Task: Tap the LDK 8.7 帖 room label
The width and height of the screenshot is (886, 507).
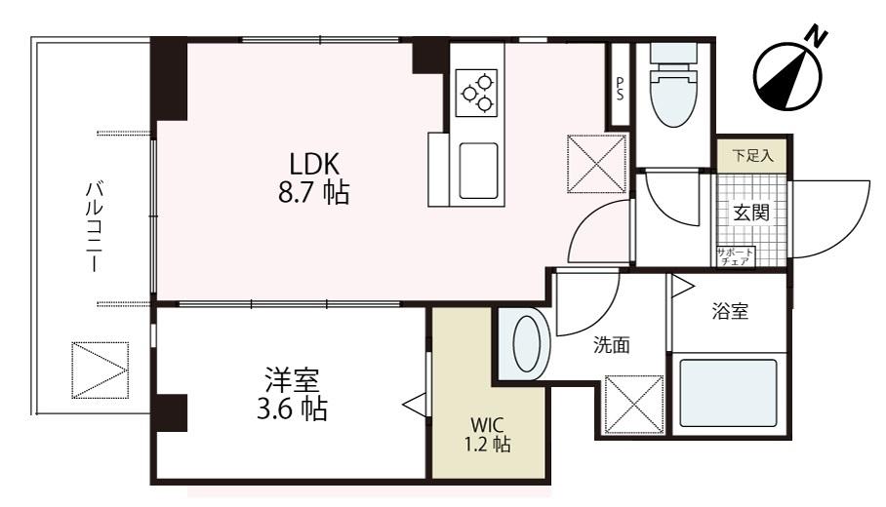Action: [312, 176]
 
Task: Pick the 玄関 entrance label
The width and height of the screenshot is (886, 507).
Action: [750, 213]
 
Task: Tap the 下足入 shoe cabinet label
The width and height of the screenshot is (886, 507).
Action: [751, 154]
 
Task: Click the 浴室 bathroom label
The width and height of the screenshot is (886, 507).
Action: [729, 312]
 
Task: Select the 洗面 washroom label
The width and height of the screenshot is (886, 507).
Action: [612, 344]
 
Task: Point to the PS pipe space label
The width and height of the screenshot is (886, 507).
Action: [620, 88]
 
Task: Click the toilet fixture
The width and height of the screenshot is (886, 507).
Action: [672, 88]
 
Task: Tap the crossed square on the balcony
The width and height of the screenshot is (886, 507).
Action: [101, 370]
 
